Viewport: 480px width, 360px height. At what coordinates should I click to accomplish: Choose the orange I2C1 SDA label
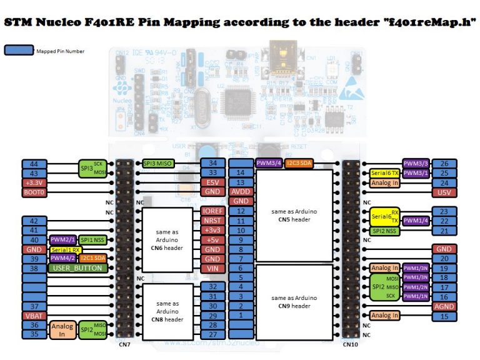tap(92, 259)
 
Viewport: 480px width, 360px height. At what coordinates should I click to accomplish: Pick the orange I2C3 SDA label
tap(299, 164)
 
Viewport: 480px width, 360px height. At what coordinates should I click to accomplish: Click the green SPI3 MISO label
tap(158, 164)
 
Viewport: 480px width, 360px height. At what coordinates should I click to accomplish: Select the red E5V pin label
tap(213, 182)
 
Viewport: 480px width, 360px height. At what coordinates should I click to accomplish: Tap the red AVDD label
tap(240, 192)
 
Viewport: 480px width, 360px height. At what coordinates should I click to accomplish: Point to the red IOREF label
tap(213, 211)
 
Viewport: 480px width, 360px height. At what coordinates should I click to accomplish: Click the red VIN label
tap(213, 268)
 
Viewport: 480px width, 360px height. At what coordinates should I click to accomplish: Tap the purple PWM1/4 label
tap(415, 221)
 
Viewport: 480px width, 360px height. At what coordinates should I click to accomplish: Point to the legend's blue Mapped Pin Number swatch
tap(18, 51)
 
